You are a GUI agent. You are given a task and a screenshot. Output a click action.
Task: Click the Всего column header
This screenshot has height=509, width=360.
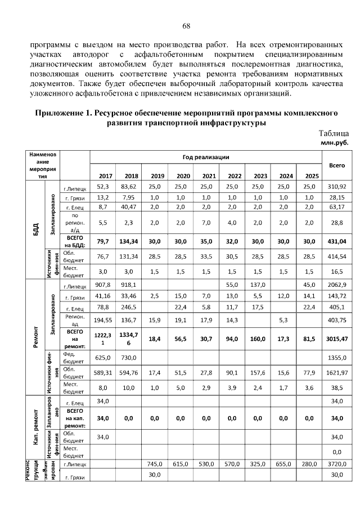[x=337, y=166]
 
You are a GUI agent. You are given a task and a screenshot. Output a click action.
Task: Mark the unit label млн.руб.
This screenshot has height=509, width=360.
[x=335, y=143]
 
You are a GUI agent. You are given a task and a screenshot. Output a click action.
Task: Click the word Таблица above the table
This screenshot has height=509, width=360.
[x=334, y=134]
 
